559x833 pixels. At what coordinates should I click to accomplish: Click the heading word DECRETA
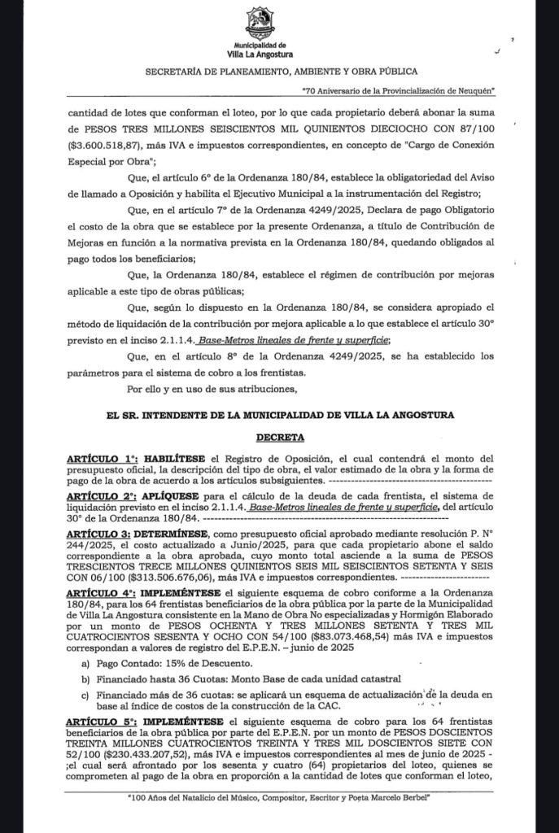pyautogui.click(x=281, y=437)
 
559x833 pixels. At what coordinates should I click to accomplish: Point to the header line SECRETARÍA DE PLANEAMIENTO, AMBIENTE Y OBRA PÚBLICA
pyautogui.click(x=281, y=72)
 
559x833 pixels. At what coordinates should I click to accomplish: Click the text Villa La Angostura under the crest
pyautogui.click(x=260, y=55)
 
